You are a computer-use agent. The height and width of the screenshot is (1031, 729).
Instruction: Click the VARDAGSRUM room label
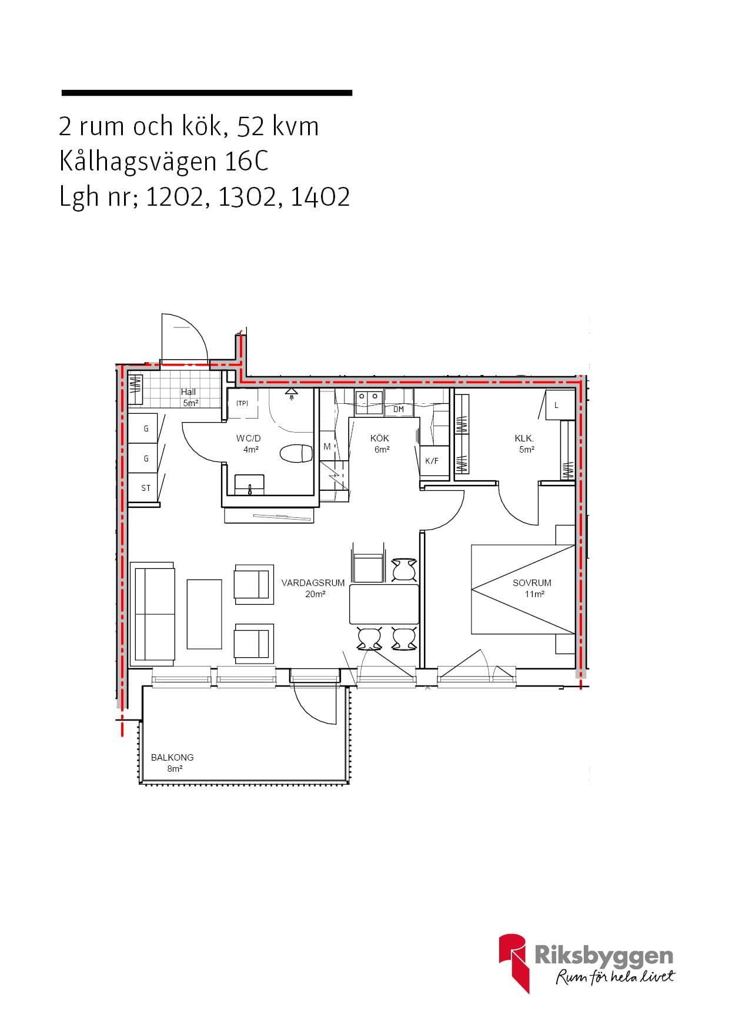(313, 583)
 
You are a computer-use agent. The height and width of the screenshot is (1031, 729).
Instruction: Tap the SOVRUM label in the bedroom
(532, 583)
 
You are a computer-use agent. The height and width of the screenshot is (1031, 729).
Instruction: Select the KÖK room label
(380, 438)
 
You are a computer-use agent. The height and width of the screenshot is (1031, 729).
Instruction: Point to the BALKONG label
(172, 758)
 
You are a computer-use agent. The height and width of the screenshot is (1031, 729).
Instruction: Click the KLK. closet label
(524, 438)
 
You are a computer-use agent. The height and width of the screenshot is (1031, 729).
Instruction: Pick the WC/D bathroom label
(249, 438)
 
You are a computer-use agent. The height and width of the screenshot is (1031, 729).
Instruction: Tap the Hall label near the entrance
(188, 392)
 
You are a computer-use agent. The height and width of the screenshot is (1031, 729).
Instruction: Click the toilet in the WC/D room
(296, 454)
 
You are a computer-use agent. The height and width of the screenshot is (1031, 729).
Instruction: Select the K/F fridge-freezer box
(432, 461)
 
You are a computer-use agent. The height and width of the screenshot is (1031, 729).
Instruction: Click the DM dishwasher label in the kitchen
(399, 409)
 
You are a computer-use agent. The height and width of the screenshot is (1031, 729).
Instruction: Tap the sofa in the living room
(153, 614)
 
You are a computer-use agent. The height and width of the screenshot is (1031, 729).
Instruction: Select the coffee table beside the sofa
(205, 614)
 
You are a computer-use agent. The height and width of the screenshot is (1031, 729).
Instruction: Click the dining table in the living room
(384, 604)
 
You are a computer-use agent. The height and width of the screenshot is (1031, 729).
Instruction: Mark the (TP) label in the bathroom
(242, 403)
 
